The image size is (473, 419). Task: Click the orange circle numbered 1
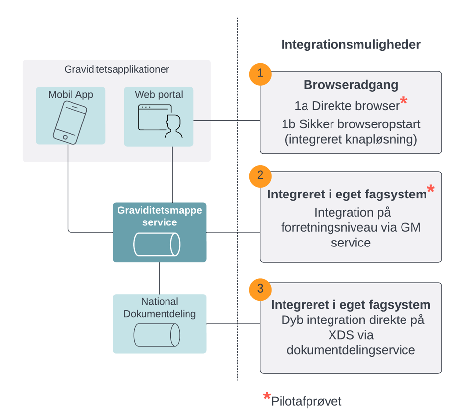click(260, 74)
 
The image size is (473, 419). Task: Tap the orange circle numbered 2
click(260, 175)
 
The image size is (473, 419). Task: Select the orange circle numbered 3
click(260, 288)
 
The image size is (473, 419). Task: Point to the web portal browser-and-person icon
click(160, 121)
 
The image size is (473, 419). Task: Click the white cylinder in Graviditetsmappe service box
click(157, 245)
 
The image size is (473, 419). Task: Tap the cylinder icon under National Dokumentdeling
click(157, 335)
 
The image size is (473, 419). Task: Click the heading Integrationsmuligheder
click(351, 45)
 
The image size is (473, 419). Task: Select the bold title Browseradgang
click(351, 85)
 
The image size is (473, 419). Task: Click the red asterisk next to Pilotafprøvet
click(267, 397)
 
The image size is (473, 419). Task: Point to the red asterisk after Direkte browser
click(403, 101)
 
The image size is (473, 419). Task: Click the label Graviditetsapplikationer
click(117, 70)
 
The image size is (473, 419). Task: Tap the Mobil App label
click(71, 95)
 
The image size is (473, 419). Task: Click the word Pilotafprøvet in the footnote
click(306, 401)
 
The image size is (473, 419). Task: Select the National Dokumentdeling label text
click(160, 308)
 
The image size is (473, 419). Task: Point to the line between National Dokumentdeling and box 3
click(233, 324)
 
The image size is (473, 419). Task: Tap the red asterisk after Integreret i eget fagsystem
click(430, 189)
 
